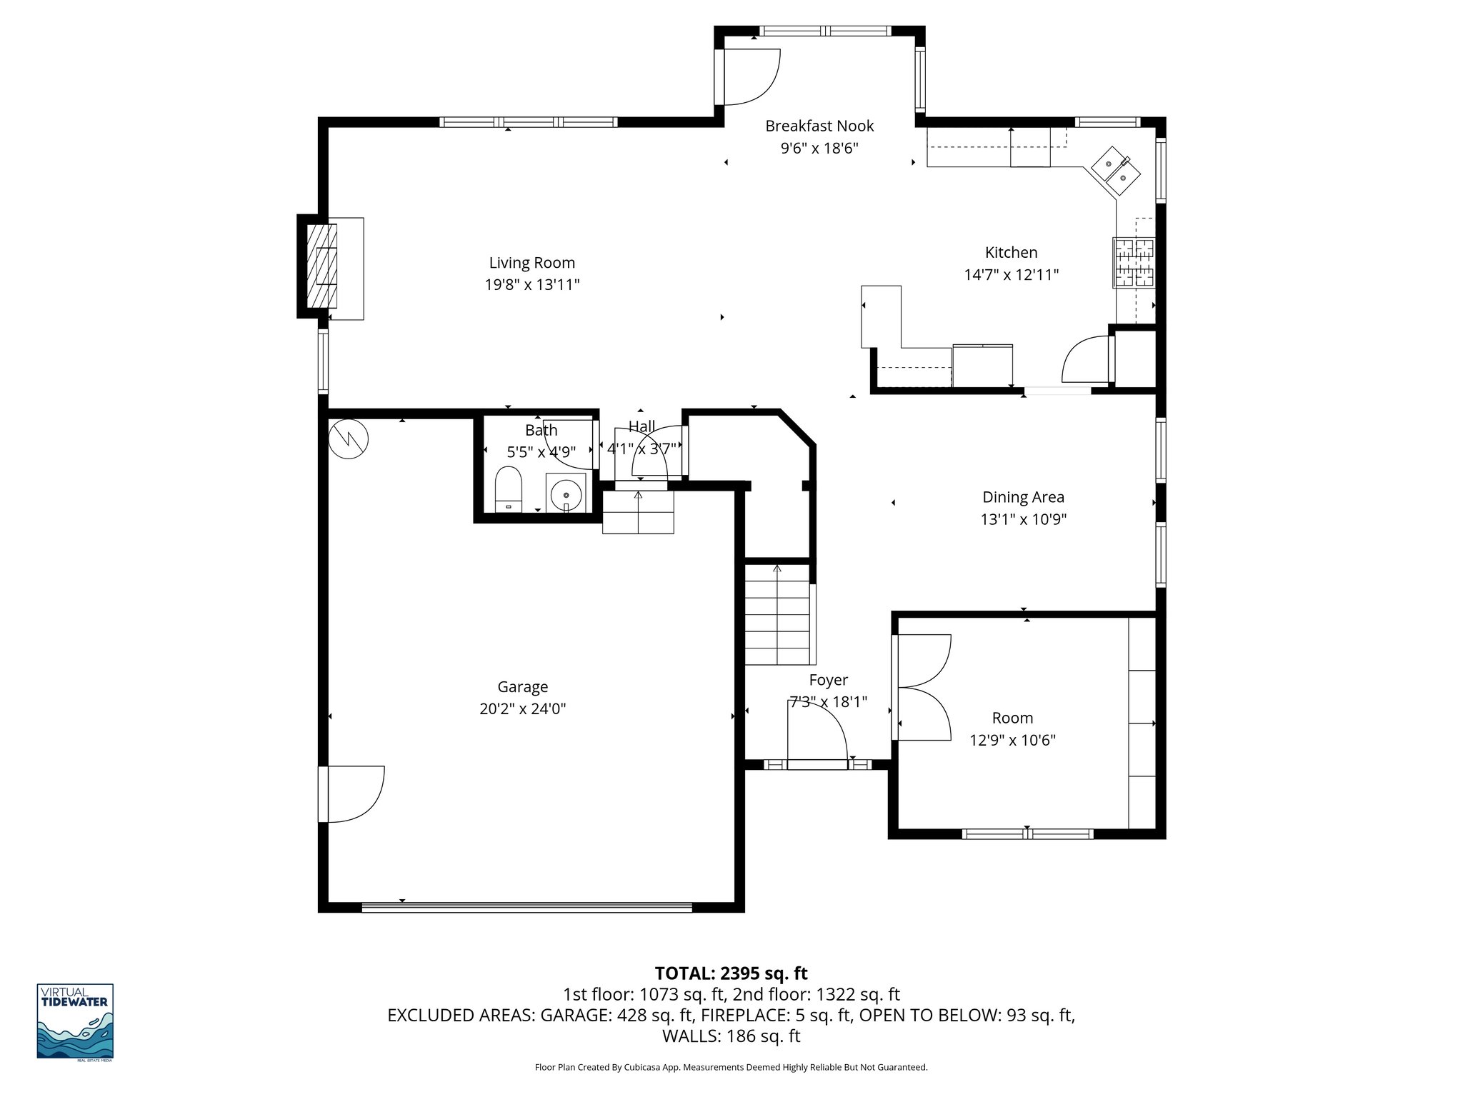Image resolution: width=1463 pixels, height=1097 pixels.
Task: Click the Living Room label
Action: coord(531,263)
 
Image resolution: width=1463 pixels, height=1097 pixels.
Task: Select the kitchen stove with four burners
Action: coord(1133,262)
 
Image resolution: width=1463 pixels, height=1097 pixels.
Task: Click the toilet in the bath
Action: coord(509,489)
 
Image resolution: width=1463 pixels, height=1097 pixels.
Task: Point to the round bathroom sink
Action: coord(566,494)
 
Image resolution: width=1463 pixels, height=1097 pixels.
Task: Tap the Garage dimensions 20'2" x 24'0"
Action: coord(522,709)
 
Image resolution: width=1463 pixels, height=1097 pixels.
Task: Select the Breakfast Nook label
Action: coord(819,126)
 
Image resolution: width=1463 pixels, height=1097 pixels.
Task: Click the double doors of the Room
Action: coord(923,687)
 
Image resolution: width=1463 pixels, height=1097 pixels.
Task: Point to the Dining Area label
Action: coord(1023,497)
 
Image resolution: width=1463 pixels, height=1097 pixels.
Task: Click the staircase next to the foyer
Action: coord(777,614)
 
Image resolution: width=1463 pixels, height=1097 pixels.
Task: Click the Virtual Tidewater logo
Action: coord(75,1022)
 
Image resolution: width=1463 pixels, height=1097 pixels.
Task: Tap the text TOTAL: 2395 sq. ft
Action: coord(731,973)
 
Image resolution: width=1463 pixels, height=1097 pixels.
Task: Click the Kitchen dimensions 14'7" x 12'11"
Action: coord(1011,275)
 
